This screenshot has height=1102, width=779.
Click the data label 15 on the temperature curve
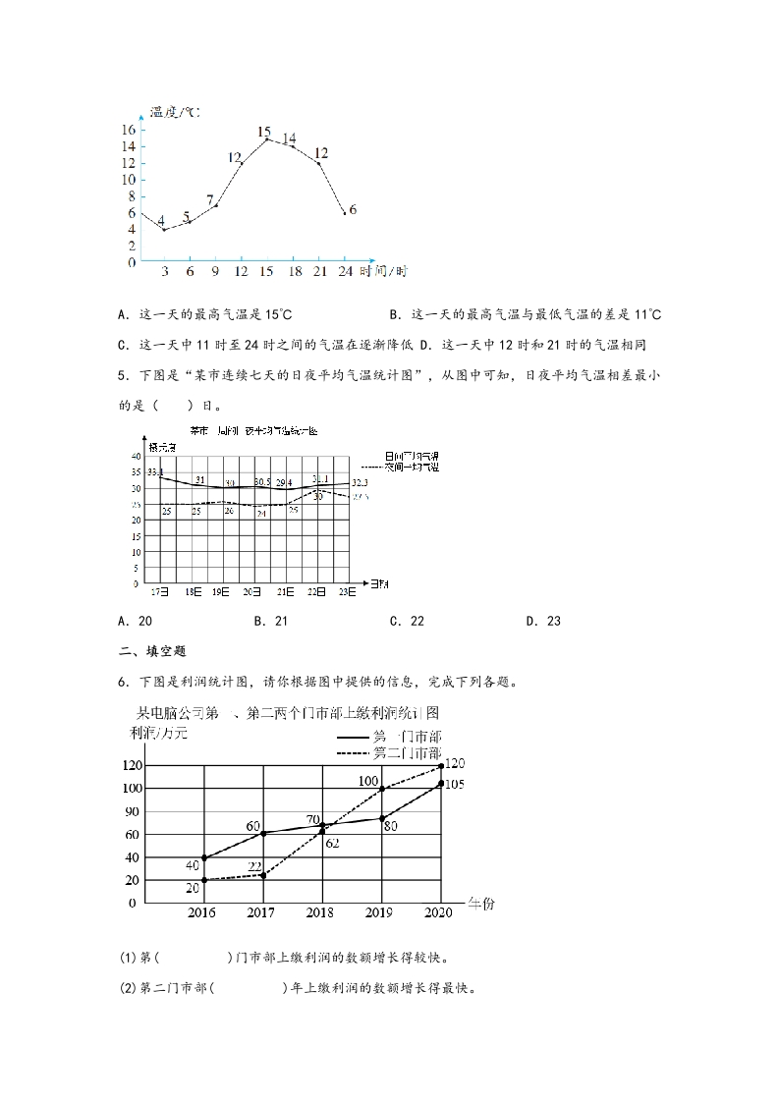[x=264, y=132]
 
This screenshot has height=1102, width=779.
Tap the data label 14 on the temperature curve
[x=289, y=138]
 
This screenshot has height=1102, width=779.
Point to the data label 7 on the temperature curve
[x=210, y=200]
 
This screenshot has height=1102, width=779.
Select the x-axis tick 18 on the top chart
[x=293, y=272]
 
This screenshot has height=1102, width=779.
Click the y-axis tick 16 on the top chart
[x=129, y=131]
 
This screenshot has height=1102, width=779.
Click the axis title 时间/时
[x=383, y=272]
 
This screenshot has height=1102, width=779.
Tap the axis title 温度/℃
[x=174, y=113]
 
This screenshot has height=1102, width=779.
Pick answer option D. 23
[x=542, y=621]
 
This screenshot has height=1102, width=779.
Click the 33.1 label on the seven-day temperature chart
[x=155, y=473]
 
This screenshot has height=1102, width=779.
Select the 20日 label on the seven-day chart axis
[x=251, y=592]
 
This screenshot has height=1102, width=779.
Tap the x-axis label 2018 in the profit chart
[x=320, y=913]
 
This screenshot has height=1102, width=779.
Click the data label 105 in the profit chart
[x=454, y=784]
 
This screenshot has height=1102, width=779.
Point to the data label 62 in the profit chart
[x=332, y=843]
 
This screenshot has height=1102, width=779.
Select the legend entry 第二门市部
[x=407, y=754]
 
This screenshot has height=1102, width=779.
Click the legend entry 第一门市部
[x=407, y=737]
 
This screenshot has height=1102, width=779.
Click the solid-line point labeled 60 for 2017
[x=262, y=833]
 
